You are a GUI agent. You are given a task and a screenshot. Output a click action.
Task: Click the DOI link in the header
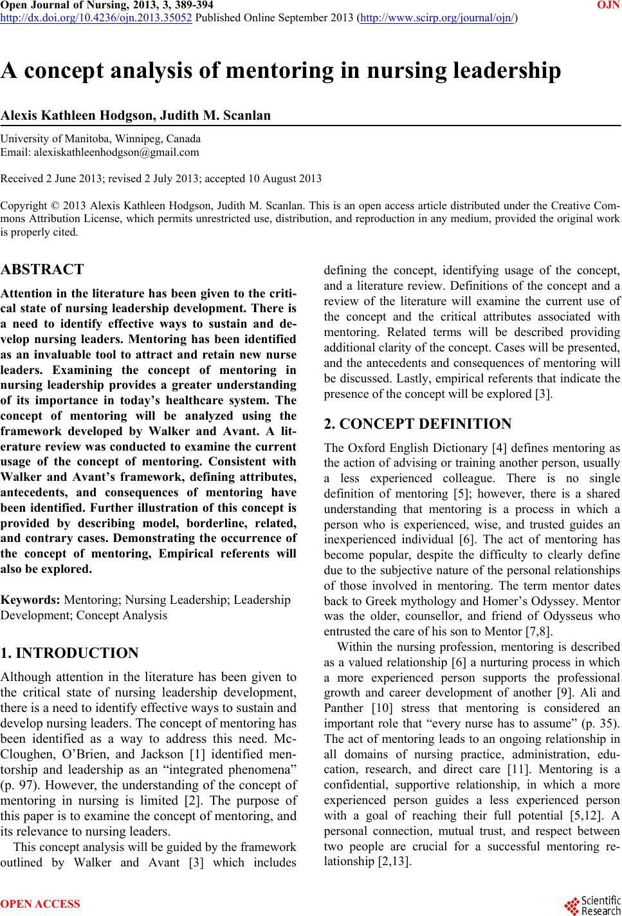tap(97, 18)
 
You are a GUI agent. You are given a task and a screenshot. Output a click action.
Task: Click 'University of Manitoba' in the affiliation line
tap(50, 138)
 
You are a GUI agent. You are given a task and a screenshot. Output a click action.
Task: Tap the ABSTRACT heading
tap(42, 269)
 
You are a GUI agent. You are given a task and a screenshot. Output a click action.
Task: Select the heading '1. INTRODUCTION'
tap(69, 653)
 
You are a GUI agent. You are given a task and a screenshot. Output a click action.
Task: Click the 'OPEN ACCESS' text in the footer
tap(41, 904)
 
